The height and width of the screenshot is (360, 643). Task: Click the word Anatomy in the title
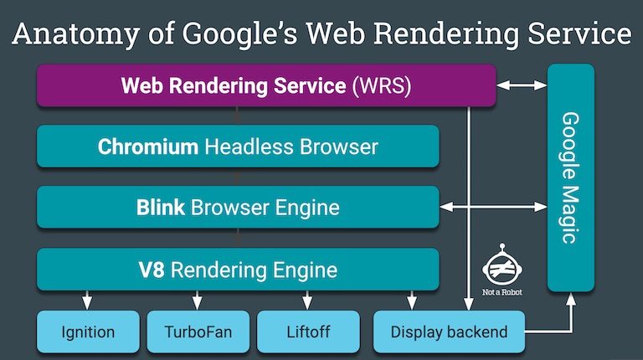(76, 35)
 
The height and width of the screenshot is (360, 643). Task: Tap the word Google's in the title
(239, 35)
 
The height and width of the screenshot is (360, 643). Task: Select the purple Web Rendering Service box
(266, 85)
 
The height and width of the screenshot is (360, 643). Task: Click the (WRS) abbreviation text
(382, 85)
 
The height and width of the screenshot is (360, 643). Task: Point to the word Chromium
(147, 147)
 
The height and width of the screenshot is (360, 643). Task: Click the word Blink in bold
(161, 207)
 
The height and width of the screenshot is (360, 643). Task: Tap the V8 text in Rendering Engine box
(152, 270)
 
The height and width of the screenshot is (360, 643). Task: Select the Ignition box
(88, 332)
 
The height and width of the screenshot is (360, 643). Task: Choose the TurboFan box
(198, 332)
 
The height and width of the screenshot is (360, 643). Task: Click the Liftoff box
(308, 332)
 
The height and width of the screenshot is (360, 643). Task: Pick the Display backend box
(449, 332)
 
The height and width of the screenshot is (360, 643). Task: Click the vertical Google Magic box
(571, 177)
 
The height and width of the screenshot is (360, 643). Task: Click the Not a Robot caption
(502, 292)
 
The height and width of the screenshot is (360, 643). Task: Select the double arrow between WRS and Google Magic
(522, 85)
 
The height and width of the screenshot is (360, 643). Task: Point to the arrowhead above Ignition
(87, 303)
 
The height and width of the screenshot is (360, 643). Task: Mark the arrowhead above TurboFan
(198, 303)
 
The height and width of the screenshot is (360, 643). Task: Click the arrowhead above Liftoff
(307, 303)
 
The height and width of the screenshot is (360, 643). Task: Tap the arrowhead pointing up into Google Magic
(571, 299)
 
